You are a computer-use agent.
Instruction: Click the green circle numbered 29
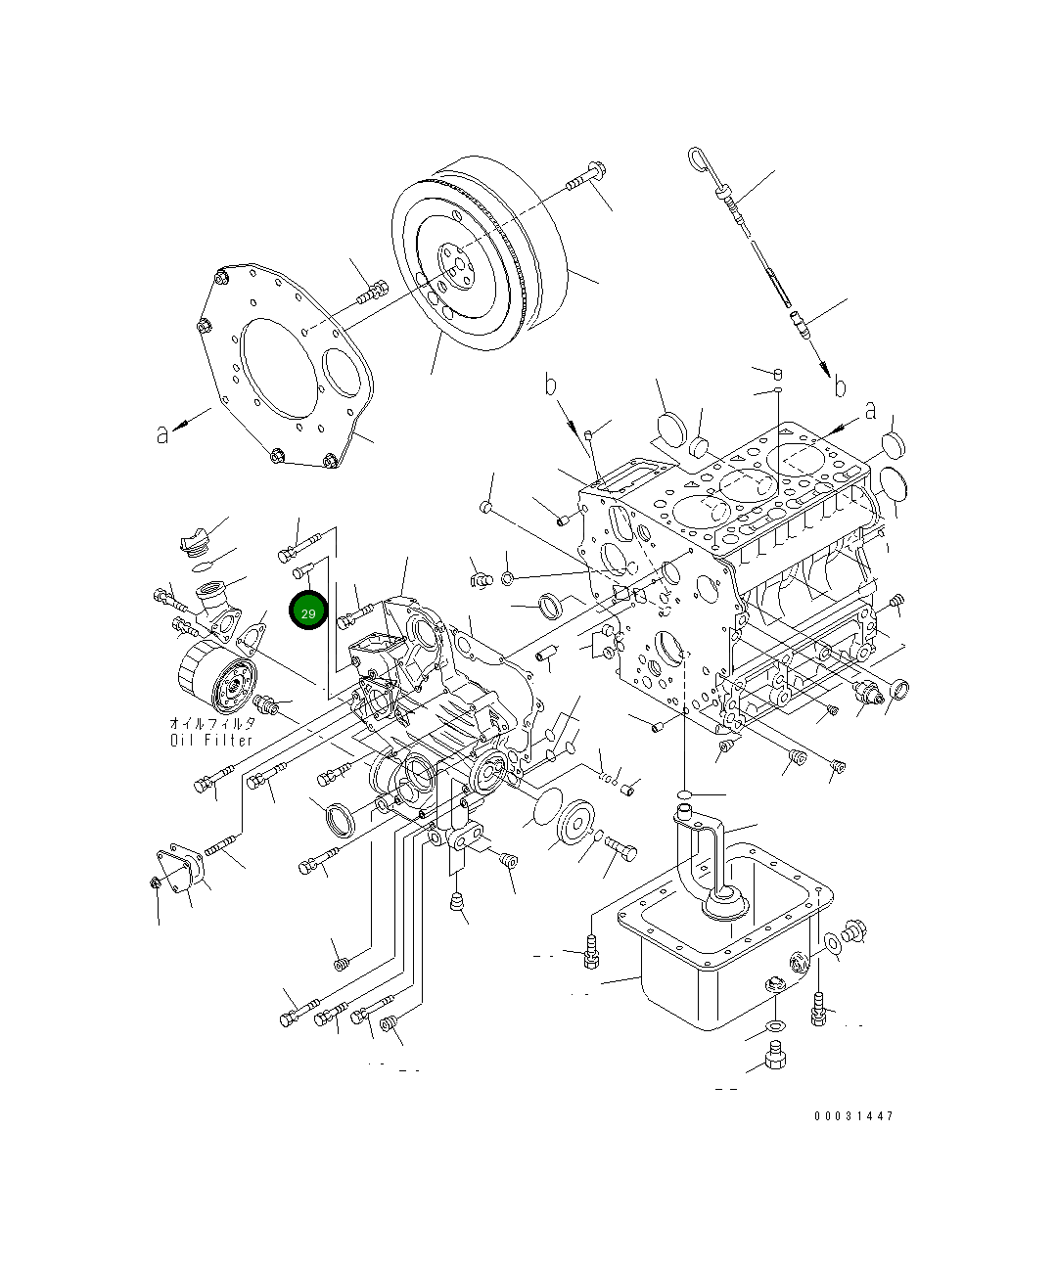pos(308,611)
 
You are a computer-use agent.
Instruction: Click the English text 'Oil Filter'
pos(211,740)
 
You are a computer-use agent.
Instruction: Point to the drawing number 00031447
pos(852,1115)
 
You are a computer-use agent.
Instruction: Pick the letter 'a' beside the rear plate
pos(162,432)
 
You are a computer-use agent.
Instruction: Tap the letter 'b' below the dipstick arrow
pos(839,387)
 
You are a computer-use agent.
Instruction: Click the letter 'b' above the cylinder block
pos(551,385)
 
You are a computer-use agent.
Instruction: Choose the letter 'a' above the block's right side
pos(869,412)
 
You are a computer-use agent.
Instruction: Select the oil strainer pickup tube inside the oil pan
pos(709,861)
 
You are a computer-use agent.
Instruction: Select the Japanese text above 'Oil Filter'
pos(211,723)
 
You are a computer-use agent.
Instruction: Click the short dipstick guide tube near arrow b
pos(800,323)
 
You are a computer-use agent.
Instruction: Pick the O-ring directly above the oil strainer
pos(687,792)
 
